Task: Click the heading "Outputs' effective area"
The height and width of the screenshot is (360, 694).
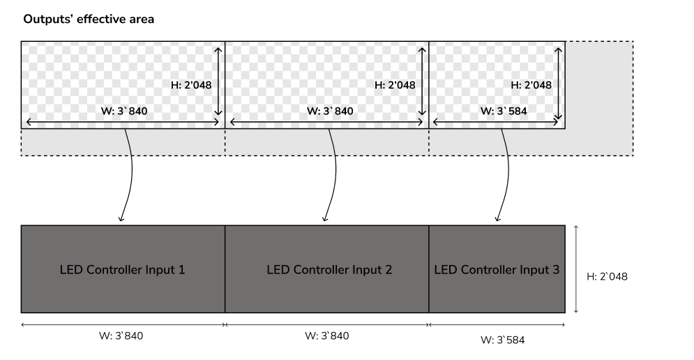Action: click(x=89, y=19)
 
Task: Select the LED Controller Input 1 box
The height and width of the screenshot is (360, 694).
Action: click(x=123, y=269)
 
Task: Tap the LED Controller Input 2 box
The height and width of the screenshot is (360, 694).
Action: click(x=327, y=269)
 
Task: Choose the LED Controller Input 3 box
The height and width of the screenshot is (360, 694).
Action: click(x=497, y=269)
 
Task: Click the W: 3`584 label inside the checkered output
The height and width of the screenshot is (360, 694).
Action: click(x=504, y=111)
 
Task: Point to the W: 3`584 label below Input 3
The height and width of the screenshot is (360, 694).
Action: click(x=503, y=340)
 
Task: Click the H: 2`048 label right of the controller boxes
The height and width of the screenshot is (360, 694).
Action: click(x=607, y=276)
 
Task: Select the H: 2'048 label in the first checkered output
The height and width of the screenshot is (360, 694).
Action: click(x=191, y=85)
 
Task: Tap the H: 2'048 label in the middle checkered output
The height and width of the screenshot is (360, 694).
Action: click(x=395, y=85)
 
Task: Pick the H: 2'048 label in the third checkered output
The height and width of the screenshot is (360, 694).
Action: click(x=531, y=85)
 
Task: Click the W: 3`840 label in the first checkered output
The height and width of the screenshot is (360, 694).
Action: click(x=124, y=111)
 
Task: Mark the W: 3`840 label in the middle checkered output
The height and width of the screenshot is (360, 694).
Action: click(x=330, y=111)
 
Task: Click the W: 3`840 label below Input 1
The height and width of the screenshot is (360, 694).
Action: click(x=121, y=336)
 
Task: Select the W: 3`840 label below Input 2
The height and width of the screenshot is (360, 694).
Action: click(x=326, y=336)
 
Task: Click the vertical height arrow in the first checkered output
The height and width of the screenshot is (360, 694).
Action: click(x=218, y=82)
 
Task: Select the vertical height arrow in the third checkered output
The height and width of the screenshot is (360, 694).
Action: click(x=558, y=83)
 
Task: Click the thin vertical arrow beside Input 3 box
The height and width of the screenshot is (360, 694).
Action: click(x=576, y=269)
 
